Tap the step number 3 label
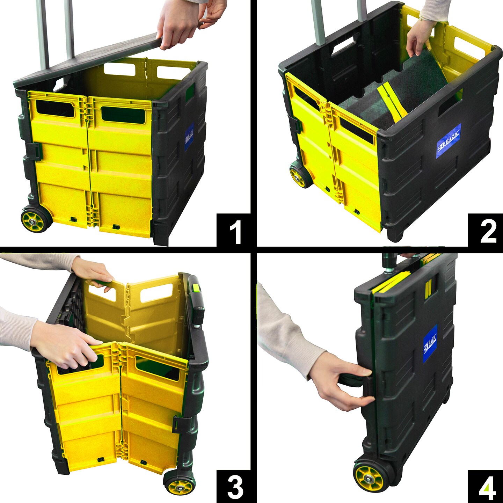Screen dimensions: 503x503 [x=235, y=487]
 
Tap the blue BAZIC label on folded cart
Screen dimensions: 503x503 [x=430, y=343]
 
